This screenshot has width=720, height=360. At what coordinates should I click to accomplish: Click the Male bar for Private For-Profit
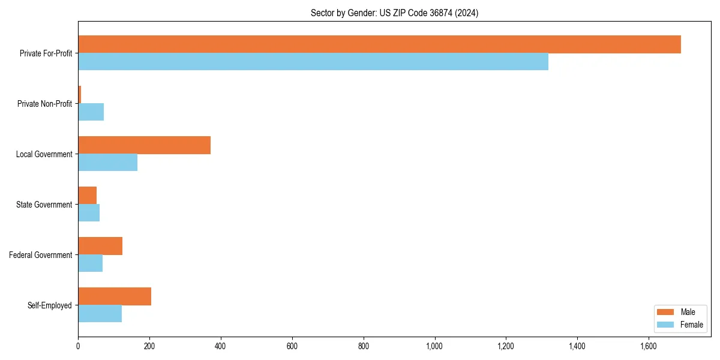379,44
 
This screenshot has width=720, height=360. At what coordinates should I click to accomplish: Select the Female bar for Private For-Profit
313,62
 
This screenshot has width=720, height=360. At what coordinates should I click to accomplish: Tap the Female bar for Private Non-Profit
91,112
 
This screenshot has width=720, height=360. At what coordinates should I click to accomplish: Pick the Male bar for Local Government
144,145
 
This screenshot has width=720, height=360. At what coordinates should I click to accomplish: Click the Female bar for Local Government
107,163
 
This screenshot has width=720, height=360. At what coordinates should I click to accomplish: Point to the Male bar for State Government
87,196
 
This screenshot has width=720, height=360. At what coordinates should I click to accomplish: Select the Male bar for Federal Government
100,246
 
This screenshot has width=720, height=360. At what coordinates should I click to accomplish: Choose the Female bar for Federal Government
90,263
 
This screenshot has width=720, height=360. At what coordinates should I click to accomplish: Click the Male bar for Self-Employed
115,296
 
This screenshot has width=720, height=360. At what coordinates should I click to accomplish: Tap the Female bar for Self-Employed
100,314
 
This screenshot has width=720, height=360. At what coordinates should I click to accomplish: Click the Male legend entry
680,312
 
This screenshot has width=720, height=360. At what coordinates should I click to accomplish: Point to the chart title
394,13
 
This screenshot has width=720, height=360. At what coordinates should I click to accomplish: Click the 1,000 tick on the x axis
434,346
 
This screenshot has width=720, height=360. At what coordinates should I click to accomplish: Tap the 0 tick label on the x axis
78,346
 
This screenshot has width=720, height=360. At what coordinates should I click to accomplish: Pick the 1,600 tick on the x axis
648,346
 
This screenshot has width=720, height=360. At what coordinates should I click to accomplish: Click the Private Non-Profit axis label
44,104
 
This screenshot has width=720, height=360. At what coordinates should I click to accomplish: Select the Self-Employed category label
49,305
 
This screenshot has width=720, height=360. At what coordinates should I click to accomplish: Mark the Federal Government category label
40,255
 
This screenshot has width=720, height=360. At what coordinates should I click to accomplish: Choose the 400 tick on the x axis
221,346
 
